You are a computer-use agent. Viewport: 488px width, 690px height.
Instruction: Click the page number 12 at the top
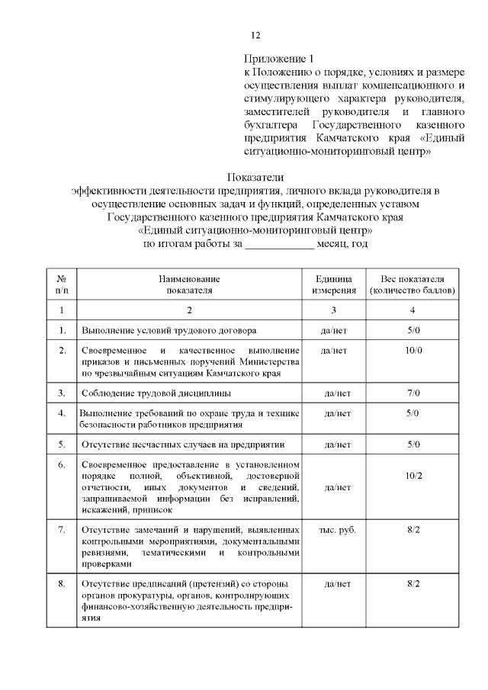[256, 35]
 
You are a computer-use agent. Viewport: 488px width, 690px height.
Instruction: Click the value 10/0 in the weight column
[413, 350]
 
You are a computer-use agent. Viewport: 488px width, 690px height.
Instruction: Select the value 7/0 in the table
[413, 393]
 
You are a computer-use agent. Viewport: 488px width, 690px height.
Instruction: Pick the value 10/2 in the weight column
[413, 476]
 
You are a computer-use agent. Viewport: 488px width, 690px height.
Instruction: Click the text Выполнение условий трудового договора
[169, 330]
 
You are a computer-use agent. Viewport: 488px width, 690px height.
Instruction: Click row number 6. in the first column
[62, 464]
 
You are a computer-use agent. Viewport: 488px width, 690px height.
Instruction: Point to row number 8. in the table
[62, 584]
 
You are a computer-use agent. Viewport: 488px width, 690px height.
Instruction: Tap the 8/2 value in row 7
[413, 528]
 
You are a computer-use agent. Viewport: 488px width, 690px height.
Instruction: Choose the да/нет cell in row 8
[337, 584]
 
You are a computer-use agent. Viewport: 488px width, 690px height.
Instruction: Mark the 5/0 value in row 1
[413, 330]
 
